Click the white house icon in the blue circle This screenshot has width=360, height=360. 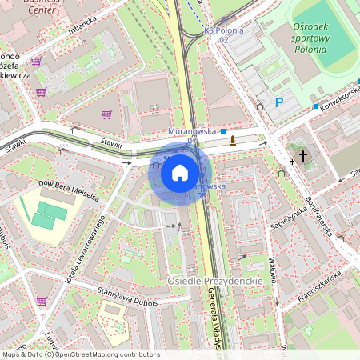tap(180, 172)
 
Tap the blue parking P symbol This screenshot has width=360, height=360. tap(279, 102)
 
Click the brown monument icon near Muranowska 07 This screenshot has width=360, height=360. tap(233, 142)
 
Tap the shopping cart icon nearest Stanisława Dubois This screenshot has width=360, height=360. tap(41, 301)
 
